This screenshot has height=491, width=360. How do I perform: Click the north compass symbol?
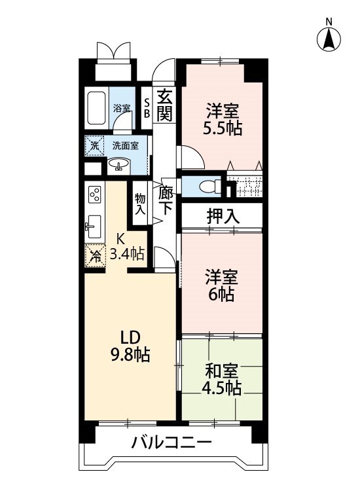(329, 39)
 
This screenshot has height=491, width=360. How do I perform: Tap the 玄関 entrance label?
(164, 105)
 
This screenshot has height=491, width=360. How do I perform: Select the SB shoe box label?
(147, 109)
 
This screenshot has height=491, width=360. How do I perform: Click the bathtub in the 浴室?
(96, 108)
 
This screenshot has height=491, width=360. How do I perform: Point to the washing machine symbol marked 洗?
(94, 145)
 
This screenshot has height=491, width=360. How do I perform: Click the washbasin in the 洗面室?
(118, 164)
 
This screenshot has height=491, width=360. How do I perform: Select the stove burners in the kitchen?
(95, 194)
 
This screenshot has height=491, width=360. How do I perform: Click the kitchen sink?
(93, 226)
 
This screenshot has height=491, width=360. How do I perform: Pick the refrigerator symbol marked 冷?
(95, 256)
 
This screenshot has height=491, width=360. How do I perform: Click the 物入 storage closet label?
(140, 204)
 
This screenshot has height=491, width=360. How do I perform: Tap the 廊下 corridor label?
(165, 201)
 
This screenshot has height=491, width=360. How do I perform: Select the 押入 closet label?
(223, 217)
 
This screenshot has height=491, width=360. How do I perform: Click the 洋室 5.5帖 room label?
(223, 119)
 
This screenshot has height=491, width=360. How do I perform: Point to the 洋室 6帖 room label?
(222, 285)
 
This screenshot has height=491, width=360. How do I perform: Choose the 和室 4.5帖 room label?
(222, 379)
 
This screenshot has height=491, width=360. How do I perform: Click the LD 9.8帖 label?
(130, 346)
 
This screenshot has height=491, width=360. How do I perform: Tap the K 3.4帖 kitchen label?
(127, 247)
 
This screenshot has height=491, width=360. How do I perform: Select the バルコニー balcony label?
(171, 443)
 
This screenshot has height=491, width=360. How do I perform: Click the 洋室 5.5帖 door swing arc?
(198, 153)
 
